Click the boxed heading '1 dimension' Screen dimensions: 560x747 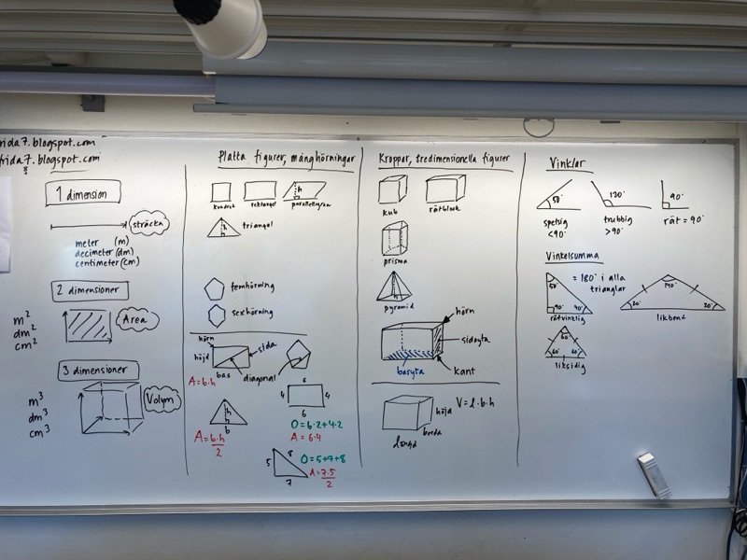(82, 194)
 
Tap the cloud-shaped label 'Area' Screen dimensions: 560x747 (137, 320)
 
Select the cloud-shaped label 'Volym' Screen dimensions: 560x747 (160, 401)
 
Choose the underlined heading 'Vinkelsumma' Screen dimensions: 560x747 (573, 256)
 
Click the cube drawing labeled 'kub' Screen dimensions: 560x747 (391, 189)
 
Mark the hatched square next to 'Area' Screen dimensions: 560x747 (87, 326)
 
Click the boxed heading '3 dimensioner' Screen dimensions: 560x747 (96, 371)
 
